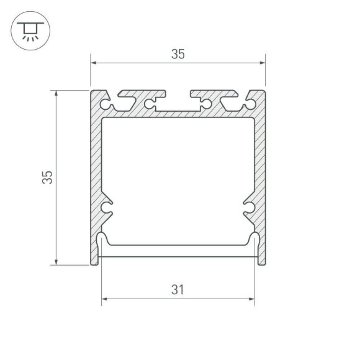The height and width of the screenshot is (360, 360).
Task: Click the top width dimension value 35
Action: pos(178,54)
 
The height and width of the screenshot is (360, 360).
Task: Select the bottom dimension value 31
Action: pos(178,289)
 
